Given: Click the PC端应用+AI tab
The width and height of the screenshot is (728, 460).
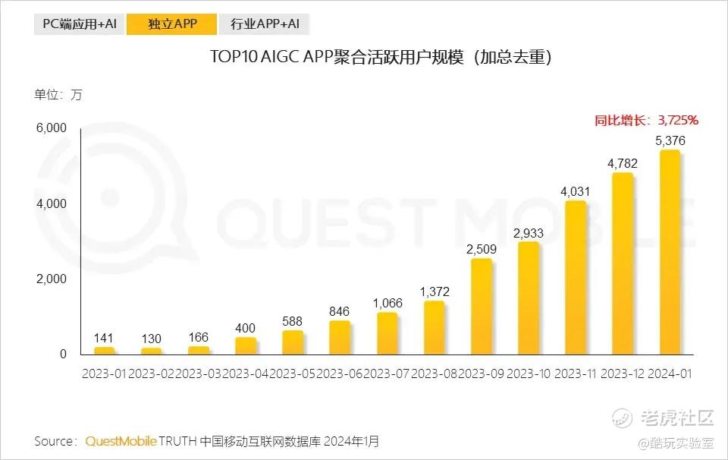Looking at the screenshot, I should pos(79,24).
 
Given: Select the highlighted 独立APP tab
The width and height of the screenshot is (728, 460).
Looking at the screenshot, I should pos(172,24).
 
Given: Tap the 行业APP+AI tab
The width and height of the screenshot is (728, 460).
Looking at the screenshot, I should pos(264,24).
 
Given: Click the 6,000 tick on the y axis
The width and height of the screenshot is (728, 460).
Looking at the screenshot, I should pos(52,128).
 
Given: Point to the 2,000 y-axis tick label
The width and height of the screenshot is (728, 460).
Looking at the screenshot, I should pos(52,279).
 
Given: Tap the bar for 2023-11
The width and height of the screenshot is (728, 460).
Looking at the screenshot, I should pos(576,278).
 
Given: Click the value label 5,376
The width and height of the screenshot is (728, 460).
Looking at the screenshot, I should pos(670,140).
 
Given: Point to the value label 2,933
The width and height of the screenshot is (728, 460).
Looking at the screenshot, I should pos(529,232).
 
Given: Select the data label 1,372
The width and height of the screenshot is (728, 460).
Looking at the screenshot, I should pos(435,291).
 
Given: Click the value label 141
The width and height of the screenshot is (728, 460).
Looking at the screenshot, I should pos(105,338).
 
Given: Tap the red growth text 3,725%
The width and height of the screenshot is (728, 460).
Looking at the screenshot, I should pos(676,120).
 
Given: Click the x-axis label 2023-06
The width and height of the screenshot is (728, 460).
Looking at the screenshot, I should pos(340,373).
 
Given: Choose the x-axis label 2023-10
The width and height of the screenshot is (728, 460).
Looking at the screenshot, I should pos(529,373).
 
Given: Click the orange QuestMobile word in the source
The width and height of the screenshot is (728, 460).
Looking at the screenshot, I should pos(121,440).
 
